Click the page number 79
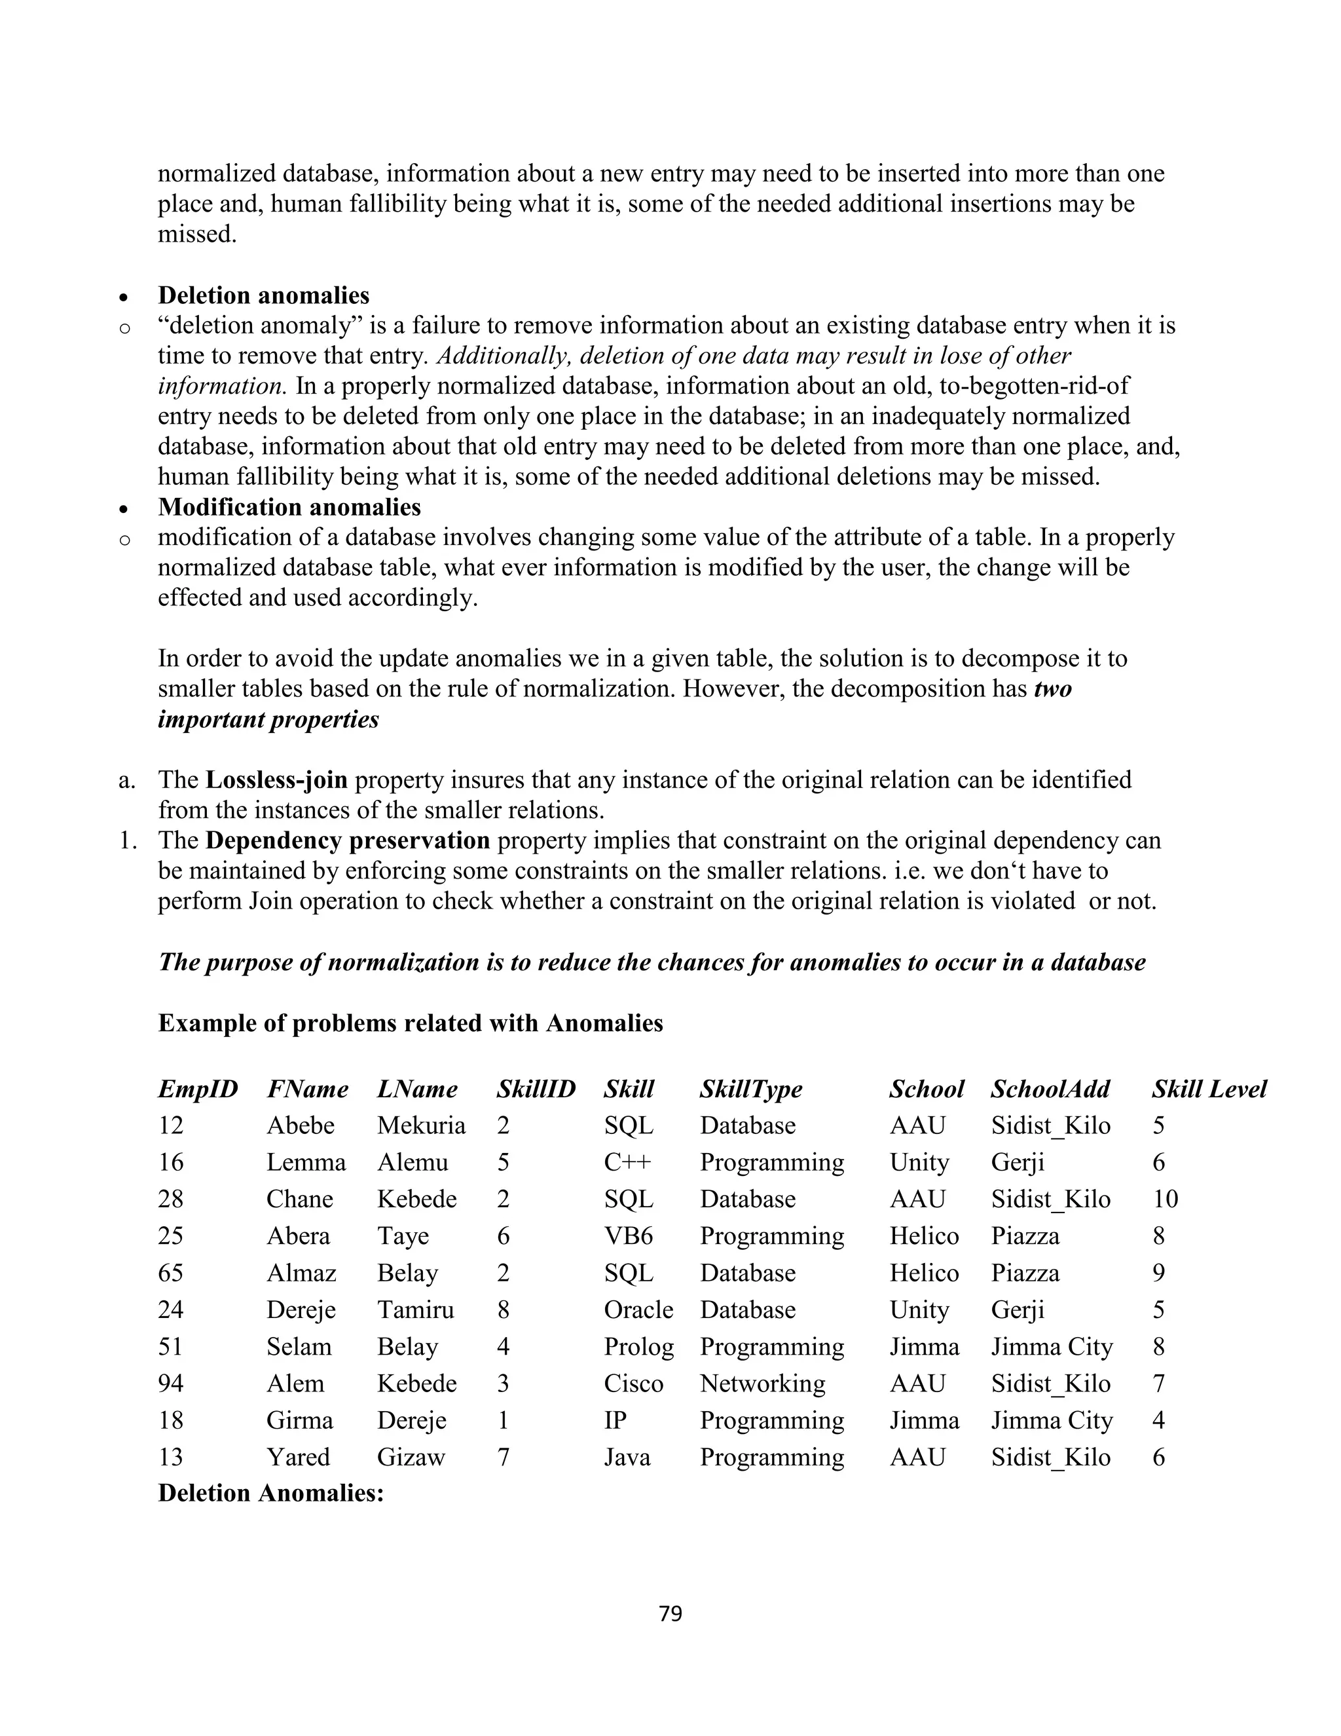pos(670,1613)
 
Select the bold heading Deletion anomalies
pos(264,295)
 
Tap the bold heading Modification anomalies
pos(289,506)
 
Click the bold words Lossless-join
pos(276,779)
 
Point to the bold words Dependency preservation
pos(347,840)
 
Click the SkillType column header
pos(751,1089)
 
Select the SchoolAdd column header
pos(1050,1089)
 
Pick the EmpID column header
pos(198,1089)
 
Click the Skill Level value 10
pos(1165,1199)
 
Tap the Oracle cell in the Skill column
pos(638,1309)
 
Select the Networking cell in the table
pos(762,1383)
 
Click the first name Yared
pos(298,1457)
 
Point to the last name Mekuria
pos(421,1125)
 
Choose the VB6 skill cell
pos(627,1236)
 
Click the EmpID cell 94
pos(171,1383)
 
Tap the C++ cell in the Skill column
pos(627,1162)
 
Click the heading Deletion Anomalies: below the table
pos(271,1493)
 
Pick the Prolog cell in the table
pos(638,1346)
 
